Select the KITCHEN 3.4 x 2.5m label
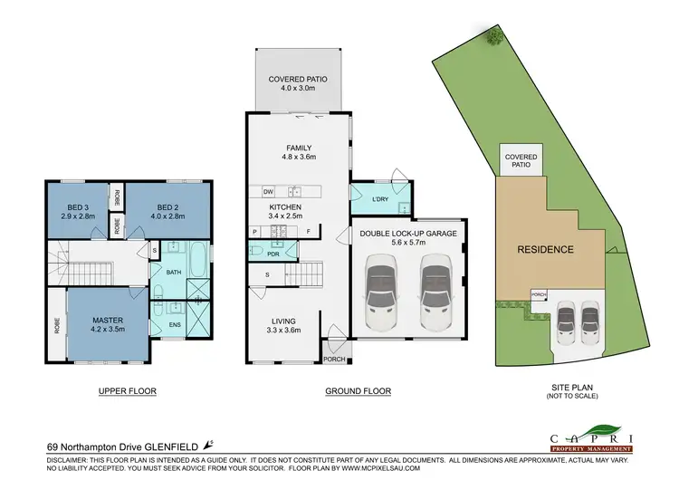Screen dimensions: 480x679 [285, 212]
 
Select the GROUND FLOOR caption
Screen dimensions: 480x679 [359, 391]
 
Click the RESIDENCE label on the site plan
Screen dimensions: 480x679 [545, 249]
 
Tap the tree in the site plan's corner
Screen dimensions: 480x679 [493, 37]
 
